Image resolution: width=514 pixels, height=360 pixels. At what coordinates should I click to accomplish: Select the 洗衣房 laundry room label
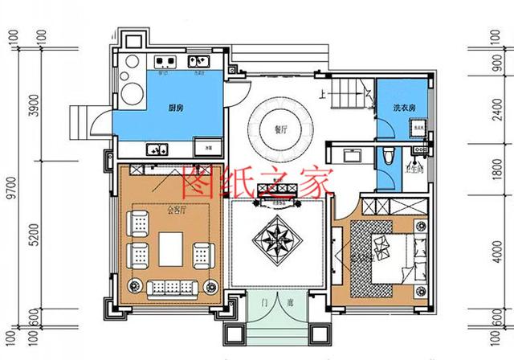click(403, 108)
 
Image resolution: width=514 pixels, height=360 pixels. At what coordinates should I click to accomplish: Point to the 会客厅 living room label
click(177, 211)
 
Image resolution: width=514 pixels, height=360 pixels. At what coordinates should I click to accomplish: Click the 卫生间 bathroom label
click(415, 168)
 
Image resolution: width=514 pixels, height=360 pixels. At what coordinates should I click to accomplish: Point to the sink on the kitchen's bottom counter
click(155, 148)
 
